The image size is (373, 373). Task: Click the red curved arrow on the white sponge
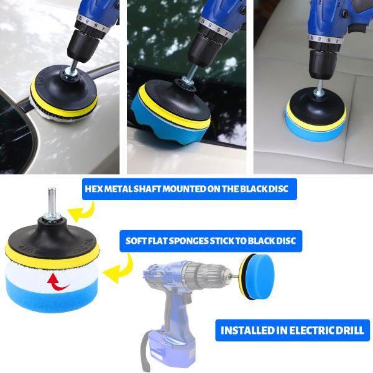(x=58, y=282)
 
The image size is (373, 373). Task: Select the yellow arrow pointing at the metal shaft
(x=81, y=211)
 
